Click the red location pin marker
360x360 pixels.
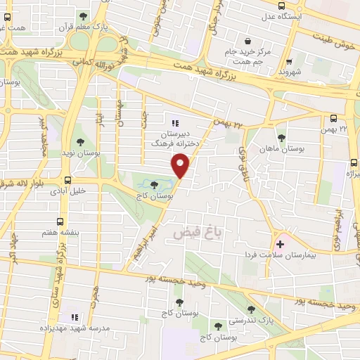(181, 165)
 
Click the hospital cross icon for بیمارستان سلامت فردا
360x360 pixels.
(281, 244)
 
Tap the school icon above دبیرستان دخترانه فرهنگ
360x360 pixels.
(176, 123)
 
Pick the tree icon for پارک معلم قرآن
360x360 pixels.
(84, 17)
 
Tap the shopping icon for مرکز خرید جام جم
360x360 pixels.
(247, 40)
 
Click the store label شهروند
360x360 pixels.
(290, 72)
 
